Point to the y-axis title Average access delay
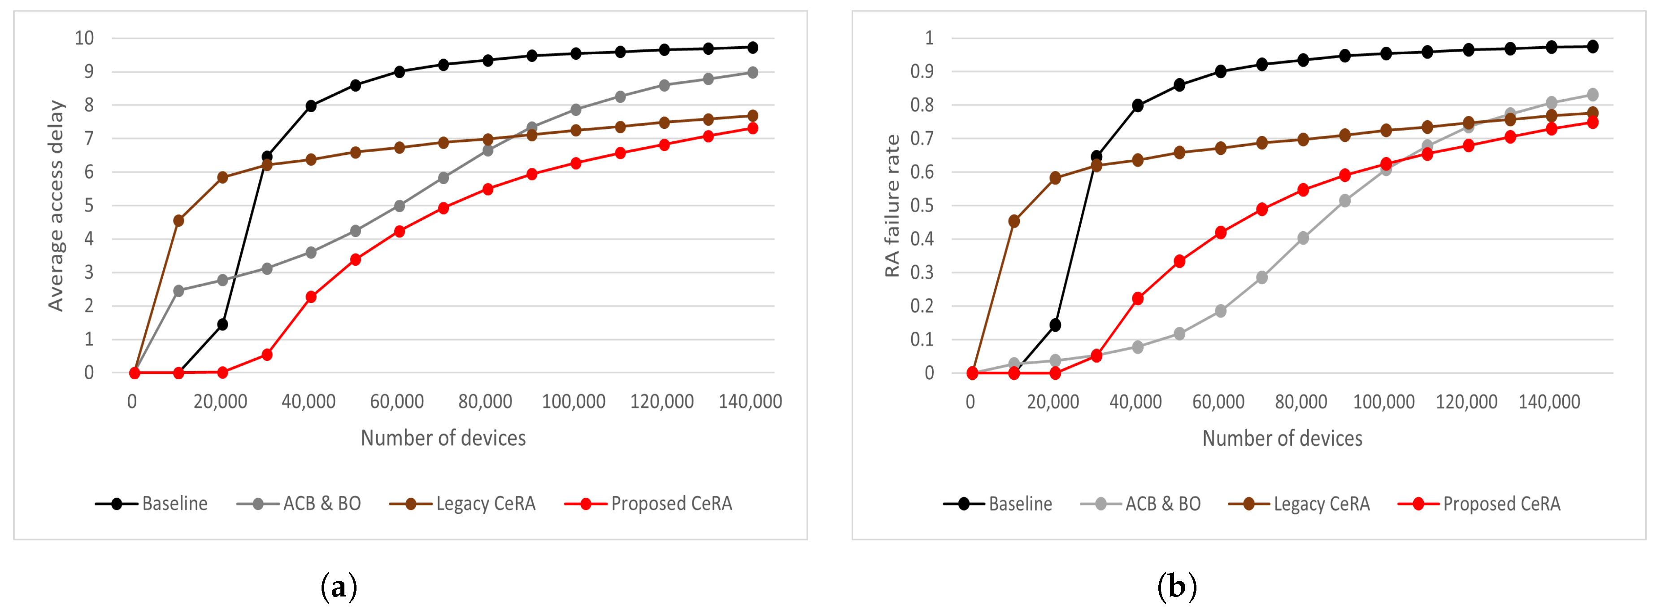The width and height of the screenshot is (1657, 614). (57, 206)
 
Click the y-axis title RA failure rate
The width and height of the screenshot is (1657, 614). (892, 206)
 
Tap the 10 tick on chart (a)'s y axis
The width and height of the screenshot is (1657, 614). (84, 38)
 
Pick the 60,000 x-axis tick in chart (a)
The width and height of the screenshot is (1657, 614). (396, 402)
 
